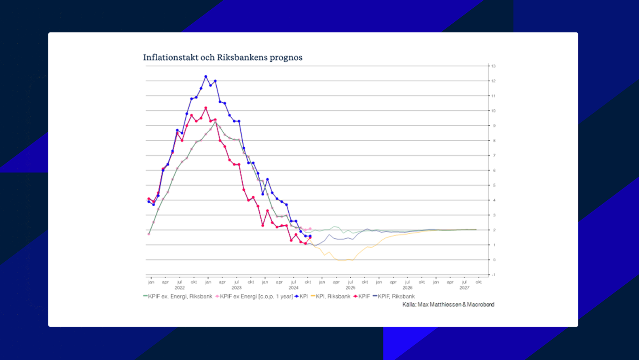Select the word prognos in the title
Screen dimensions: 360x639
(286, 57)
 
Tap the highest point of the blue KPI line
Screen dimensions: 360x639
(206, 76)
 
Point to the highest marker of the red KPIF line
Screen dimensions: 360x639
(206, 108)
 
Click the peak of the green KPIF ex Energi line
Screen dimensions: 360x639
(215, 121)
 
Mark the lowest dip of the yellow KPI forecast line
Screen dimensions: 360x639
(342, 260)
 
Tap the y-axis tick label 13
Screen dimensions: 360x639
(493, 66)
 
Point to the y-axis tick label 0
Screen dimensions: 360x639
(494, 260)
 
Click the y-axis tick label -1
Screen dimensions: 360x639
(493, 275)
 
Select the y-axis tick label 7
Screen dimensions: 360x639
(494, 155)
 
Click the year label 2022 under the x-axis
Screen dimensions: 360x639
(180, 288)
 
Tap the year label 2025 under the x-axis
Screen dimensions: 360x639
(350, 288)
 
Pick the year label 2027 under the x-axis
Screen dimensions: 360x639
(464, 288)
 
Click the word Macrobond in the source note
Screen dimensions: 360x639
(480, 305)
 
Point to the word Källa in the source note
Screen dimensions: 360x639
(408, 305)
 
